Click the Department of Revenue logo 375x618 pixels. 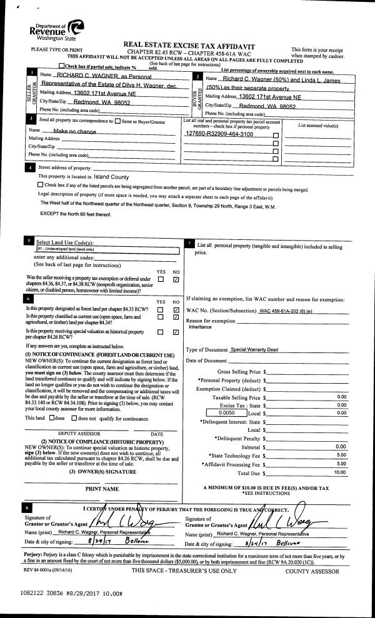(56, 29)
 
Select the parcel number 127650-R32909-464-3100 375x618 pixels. (219, 134)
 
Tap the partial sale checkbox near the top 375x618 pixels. (61, 66)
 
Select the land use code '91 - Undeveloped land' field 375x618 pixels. (106, 249)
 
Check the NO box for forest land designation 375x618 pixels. (176, 309)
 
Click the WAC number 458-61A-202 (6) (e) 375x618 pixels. (286, 311)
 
